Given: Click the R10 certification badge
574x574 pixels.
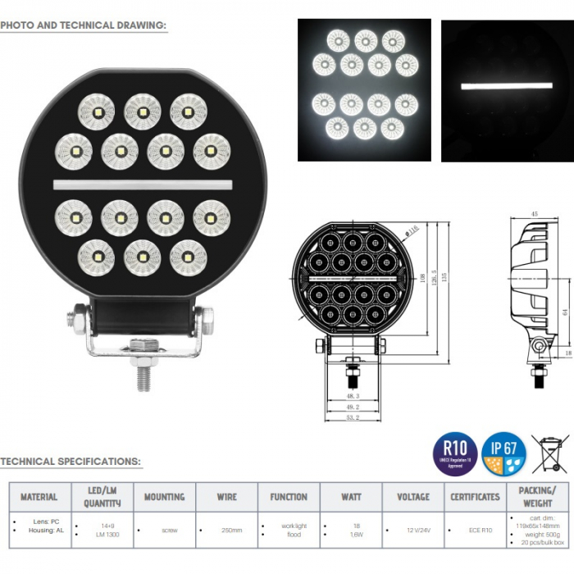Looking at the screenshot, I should pos(455,453).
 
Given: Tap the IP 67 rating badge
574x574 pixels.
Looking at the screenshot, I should pos(503,453).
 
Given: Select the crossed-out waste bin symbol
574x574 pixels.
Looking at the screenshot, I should pos(549,453).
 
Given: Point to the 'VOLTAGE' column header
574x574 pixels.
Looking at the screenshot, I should pos(412,496).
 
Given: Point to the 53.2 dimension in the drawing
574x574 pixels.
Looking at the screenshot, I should pos(353,417).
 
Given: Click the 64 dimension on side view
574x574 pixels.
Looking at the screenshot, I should pos(563,312).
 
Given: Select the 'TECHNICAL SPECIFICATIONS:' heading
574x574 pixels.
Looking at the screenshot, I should pos(71,462).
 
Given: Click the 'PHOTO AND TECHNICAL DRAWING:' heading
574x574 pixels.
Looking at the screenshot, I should pos(83,25).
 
